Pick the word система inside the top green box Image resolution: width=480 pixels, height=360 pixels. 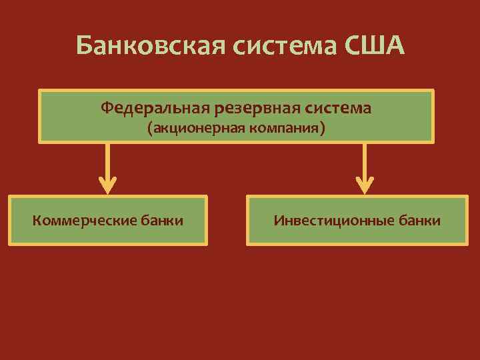pos(339,107)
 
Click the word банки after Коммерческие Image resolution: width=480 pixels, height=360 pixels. pos(161,220)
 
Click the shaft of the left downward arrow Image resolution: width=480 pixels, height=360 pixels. pos(107,160)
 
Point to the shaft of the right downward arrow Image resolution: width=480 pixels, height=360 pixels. pos(365,160)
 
